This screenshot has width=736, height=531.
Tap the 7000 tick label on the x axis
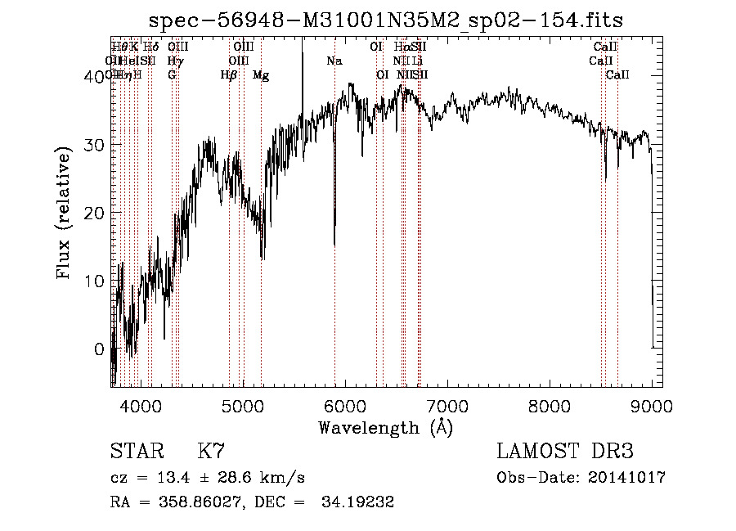click(x=447, y=407)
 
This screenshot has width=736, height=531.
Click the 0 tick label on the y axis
click(x=99, y=349)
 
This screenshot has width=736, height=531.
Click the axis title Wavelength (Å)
click(x=385, y=427)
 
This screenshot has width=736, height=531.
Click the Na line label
click(x=334, y=61)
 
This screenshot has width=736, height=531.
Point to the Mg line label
click(x=261, y=75)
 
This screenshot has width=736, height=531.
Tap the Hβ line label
click(x=229, y=75)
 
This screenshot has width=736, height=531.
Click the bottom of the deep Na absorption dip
click(x=334, y=243)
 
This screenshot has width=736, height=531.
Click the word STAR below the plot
click(x=135, y=452)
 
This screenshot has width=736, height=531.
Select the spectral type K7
click(x=211, y=452)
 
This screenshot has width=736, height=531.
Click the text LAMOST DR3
click(x=565, y=452)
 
